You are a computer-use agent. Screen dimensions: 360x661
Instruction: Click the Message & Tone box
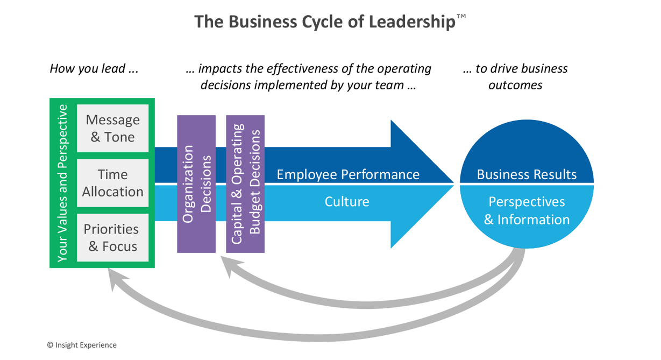pos(112,128)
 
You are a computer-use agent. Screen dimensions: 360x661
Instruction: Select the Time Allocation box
pos(112,183)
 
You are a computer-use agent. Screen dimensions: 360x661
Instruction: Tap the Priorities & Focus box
pos(112,237)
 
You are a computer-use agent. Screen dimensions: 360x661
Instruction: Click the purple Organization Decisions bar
pos(196,184)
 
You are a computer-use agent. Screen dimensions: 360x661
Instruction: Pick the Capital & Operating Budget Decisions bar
pos(245,184)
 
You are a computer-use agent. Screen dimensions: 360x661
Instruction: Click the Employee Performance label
pos(347,174)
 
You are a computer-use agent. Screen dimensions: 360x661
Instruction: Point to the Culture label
pos(347,202)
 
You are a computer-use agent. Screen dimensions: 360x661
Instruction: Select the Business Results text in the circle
pos(527,174)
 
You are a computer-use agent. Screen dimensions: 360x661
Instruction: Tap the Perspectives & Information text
pos(527,210)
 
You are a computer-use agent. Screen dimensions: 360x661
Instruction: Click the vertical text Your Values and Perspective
pos(63,183)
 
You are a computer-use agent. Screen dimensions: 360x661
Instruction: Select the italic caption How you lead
pos(94,69)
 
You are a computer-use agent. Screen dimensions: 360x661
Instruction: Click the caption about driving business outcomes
pos(515,76)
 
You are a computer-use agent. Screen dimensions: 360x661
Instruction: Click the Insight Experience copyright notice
pos(82,345)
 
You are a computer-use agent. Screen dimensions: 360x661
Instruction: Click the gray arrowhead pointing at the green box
pos(115,278)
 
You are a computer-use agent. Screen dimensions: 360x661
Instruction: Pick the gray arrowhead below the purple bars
pos(228,266)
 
